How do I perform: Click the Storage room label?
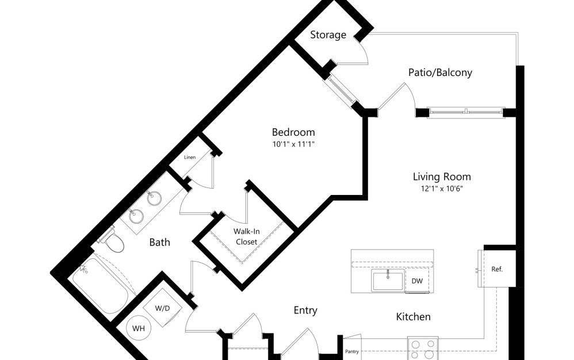pos(328,35)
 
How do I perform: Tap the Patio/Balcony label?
pos(440,72)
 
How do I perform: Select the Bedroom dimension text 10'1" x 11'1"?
pos(293,144)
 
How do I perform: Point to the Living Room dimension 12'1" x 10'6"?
pos(442,189)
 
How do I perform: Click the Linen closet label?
pos(190,158)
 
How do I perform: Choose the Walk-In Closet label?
pos(247,236)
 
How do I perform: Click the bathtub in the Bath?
pos(100,286)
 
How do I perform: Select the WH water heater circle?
pos(139,328)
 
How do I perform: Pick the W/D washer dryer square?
pos(163,308)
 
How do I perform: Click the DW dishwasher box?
pos(417,281)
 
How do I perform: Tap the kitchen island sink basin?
pos(388,280)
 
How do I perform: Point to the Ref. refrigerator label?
pos(497,269)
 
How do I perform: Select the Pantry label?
pos(352,351)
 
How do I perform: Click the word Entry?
pos(305,310)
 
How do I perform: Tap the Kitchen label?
pos(414,316)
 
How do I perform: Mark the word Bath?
pos(160,242)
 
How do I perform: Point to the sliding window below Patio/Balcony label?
pos(466,112)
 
